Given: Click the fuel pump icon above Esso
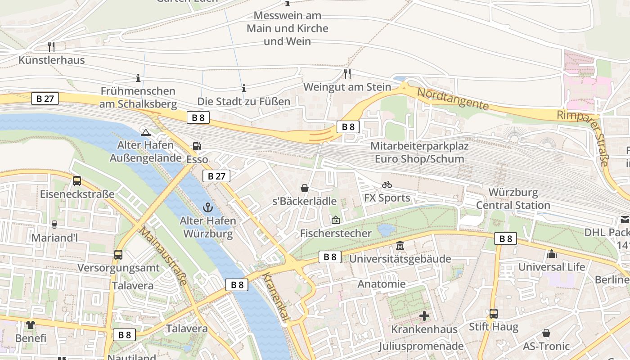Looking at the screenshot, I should point(197,146).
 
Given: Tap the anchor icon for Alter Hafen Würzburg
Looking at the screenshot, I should point(207,207).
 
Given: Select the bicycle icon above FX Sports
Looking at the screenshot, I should point(387,184).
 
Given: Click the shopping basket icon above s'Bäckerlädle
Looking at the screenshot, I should point(305,188).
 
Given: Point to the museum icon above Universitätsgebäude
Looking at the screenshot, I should point(400,246).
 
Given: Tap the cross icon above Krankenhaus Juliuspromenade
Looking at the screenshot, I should point(424,316).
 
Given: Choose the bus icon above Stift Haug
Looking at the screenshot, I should point(494,314).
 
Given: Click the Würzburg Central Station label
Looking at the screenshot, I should point(513,199).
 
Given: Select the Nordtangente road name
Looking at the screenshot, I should point(453,99).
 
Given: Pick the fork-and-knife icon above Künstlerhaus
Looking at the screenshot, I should point(51,46).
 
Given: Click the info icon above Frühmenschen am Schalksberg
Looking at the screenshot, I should point(138,78).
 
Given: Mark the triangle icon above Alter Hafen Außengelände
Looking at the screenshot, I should point(145,132).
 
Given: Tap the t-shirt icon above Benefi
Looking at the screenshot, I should point(31,324).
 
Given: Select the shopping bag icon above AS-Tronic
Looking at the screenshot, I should point(546,333).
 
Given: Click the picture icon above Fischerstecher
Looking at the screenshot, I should point(335,220).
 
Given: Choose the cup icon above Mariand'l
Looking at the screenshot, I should point(54,224).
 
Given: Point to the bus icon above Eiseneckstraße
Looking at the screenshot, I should point(77,181).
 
